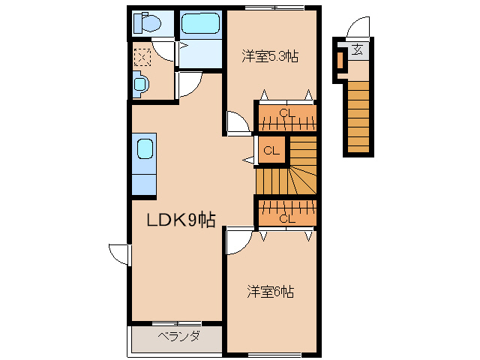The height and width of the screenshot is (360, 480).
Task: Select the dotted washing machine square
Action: (x=142, y=55)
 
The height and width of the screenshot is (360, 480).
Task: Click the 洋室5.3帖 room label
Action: (x=269, y=55)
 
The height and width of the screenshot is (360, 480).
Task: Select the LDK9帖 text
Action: (x=181, y=220)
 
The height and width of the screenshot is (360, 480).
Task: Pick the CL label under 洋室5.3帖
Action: (x=285, y=114)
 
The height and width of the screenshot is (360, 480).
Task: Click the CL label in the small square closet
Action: (x=271, y=151)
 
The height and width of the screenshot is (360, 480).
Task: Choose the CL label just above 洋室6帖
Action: (x=286, y=218)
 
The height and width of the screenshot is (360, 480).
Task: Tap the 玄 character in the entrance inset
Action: (x=358, y=50)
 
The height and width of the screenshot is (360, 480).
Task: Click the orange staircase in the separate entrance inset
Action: (x=359, y=112)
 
